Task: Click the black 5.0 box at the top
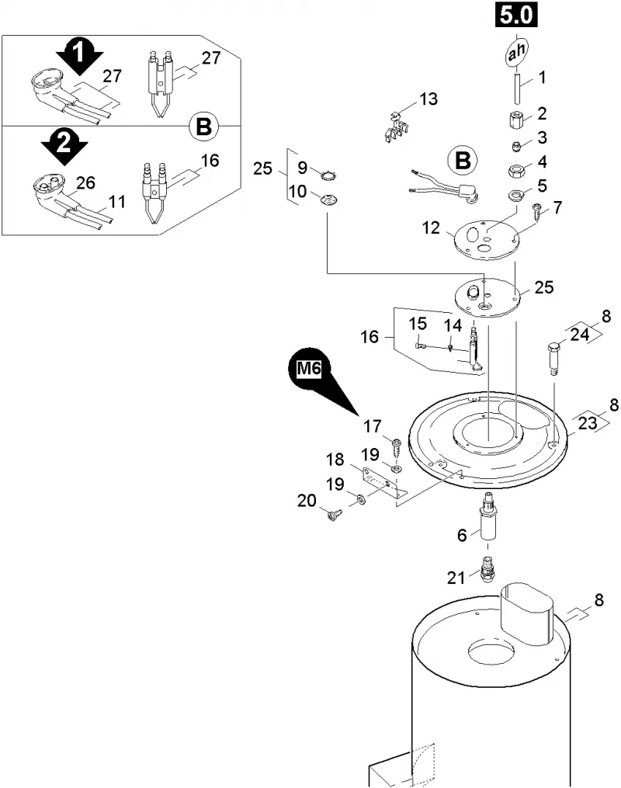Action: point(517,15)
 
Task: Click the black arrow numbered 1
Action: point(78,55)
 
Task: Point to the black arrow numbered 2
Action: point(64,146)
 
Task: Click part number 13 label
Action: point(428,99)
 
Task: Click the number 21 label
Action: point(456,578)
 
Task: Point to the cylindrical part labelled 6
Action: point(487,519)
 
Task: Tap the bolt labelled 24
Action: point(553,358)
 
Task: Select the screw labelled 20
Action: point(332,515)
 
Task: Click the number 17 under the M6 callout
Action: point(373,427)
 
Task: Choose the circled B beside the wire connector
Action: point(463,161)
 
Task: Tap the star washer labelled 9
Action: point(328,175)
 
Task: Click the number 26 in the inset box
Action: point(85,182)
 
